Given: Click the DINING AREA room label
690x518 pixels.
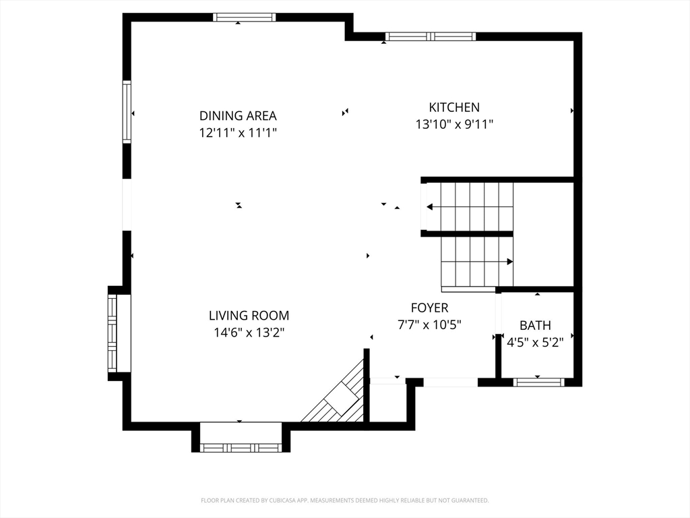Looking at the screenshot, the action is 238,116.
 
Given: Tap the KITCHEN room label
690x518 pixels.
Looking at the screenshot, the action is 454,107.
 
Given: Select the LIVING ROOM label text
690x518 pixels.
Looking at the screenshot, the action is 249,316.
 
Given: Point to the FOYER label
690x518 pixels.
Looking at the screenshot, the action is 429,308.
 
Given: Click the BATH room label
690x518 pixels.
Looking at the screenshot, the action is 535,326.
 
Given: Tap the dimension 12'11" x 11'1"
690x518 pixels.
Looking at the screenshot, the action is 238,133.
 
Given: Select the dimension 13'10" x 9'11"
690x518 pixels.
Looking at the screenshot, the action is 454,125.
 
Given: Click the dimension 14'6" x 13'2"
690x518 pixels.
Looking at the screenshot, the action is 249,333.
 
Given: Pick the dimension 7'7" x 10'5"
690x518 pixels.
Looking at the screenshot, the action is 429,325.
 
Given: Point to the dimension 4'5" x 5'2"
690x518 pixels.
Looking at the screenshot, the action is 535,343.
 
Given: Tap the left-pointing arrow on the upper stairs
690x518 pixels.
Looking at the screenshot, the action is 470,207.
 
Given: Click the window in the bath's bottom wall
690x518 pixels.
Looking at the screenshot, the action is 538,382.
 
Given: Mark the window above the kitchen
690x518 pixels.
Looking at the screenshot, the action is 431,36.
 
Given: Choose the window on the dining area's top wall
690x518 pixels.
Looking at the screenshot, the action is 245,17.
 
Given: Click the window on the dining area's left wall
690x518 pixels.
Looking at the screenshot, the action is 127,112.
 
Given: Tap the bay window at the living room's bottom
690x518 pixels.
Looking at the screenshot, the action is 241,448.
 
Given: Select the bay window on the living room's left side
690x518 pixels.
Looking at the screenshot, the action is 113,333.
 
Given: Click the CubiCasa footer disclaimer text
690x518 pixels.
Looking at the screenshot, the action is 344,500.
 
